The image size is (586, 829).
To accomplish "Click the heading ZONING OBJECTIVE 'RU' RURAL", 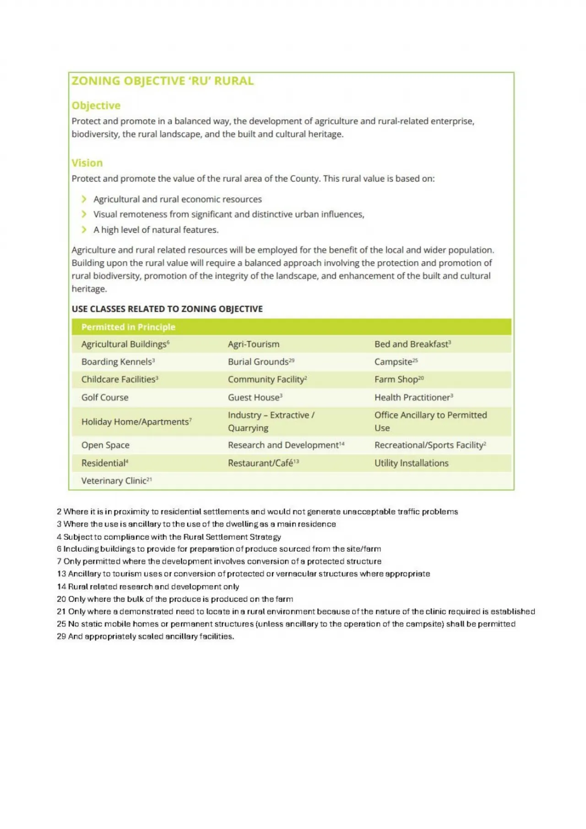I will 163,81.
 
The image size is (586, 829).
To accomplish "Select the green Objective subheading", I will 96,105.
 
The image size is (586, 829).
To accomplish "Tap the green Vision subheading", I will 87,163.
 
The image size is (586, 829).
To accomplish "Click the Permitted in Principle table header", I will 128,327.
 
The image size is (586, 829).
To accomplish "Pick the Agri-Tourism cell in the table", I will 254,344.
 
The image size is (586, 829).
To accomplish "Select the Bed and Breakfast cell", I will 412,344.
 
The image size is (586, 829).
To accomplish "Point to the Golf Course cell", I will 105,397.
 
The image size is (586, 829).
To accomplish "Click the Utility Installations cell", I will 411,463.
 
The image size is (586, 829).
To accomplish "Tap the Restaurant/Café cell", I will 263,463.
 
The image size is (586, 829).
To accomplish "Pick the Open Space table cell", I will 105,445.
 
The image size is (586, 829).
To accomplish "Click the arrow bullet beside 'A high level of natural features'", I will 84,230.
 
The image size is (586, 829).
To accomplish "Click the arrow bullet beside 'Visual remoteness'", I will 84,214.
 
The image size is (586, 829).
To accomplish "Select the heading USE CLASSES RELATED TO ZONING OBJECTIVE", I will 167,309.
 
